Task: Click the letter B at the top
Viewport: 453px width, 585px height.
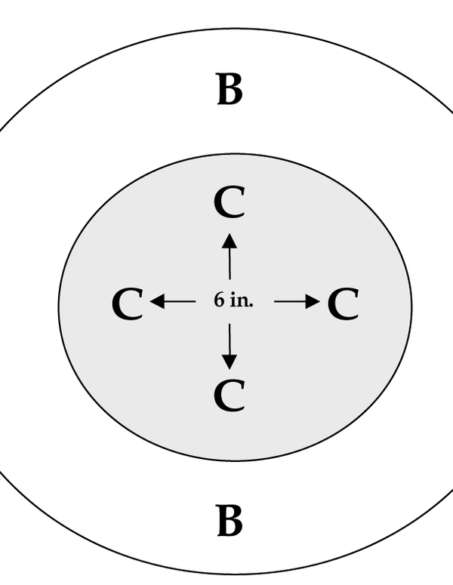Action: [230, 89]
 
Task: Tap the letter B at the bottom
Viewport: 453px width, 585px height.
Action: [230, 520]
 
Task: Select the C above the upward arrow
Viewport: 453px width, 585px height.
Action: [230, 202]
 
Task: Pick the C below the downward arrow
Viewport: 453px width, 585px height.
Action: [230, 396]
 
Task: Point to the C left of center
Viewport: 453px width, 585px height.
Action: [128, 304]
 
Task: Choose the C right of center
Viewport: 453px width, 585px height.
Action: [344, 304]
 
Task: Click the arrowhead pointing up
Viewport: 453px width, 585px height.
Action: [230, 241]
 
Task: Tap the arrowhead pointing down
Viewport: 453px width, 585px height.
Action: [230, 362]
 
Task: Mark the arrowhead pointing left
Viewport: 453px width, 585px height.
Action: [157, 301]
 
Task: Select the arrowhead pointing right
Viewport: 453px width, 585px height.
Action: [313, 301]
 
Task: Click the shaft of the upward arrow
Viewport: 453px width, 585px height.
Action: [230, 264]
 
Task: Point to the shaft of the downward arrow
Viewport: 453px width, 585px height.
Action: [230, 339]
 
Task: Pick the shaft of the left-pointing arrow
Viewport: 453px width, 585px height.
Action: [180, 301]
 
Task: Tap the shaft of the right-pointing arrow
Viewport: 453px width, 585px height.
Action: [290, 301]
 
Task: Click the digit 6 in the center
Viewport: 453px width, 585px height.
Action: [220, 300]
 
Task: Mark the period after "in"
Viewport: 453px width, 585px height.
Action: [251, 306]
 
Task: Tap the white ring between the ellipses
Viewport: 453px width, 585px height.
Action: [230, 123]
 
